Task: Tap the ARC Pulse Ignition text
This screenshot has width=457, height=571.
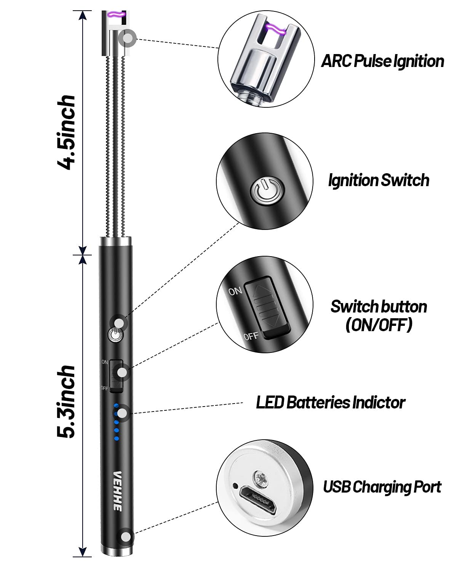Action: [382, 61]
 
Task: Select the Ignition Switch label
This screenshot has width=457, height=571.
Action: [379, 180]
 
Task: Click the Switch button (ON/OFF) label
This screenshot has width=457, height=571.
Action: [379, 316]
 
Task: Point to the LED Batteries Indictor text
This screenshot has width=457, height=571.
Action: [330, 402]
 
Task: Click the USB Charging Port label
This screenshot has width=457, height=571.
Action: [382, 487]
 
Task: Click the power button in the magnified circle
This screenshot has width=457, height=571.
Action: [265, 191]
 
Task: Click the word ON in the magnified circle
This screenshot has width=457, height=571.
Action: [235, 291]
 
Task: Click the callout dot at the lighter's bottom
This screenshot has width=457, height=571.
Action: [125, 537]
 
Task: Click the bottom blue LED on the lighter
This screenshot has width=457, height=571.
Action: [117, 439]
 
